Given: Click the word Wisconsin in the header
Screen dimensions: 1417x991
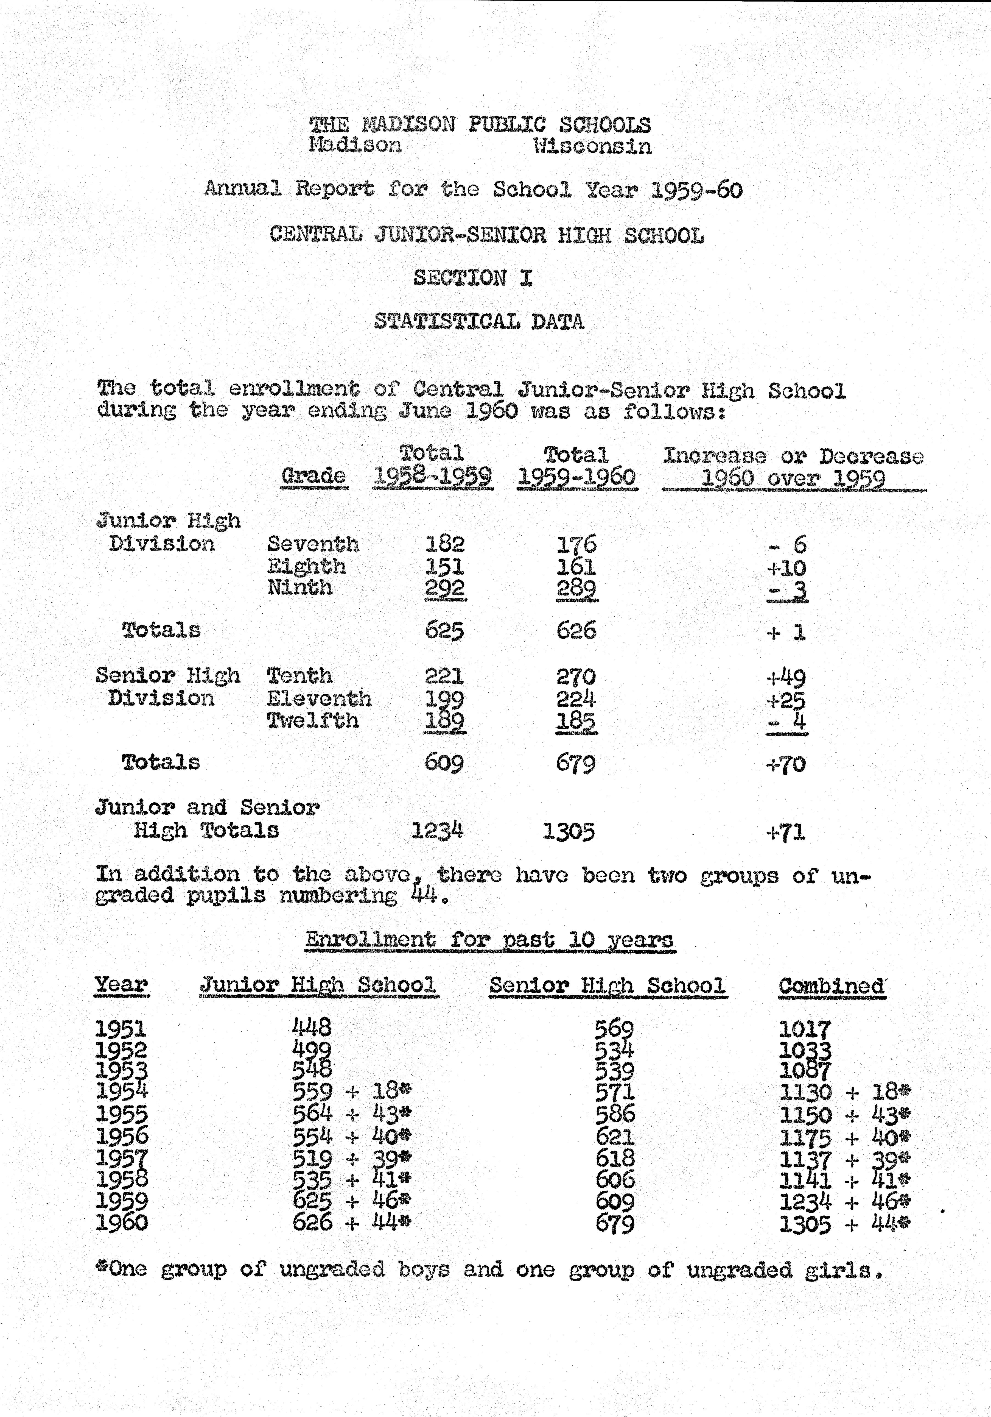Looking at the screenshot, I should (592, 146).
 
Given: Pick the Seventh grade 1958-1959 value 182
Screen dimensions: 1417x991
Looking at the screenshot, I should (445, 544).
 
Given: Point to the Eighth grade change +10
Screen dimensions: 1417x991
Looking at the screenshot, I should (786, 567).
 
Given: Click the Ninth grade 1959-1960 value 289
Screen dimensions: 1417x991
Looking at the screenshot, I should (576, 588).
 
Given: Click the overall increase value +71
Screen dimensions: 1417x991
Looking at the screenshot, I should (786, 832).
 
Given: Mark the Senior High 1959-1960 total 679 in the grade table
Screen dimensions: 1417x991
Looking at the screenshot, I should (576, 763).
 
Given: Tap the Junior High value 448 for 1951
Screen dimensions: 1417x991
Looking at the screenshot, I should (311, 1027).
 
